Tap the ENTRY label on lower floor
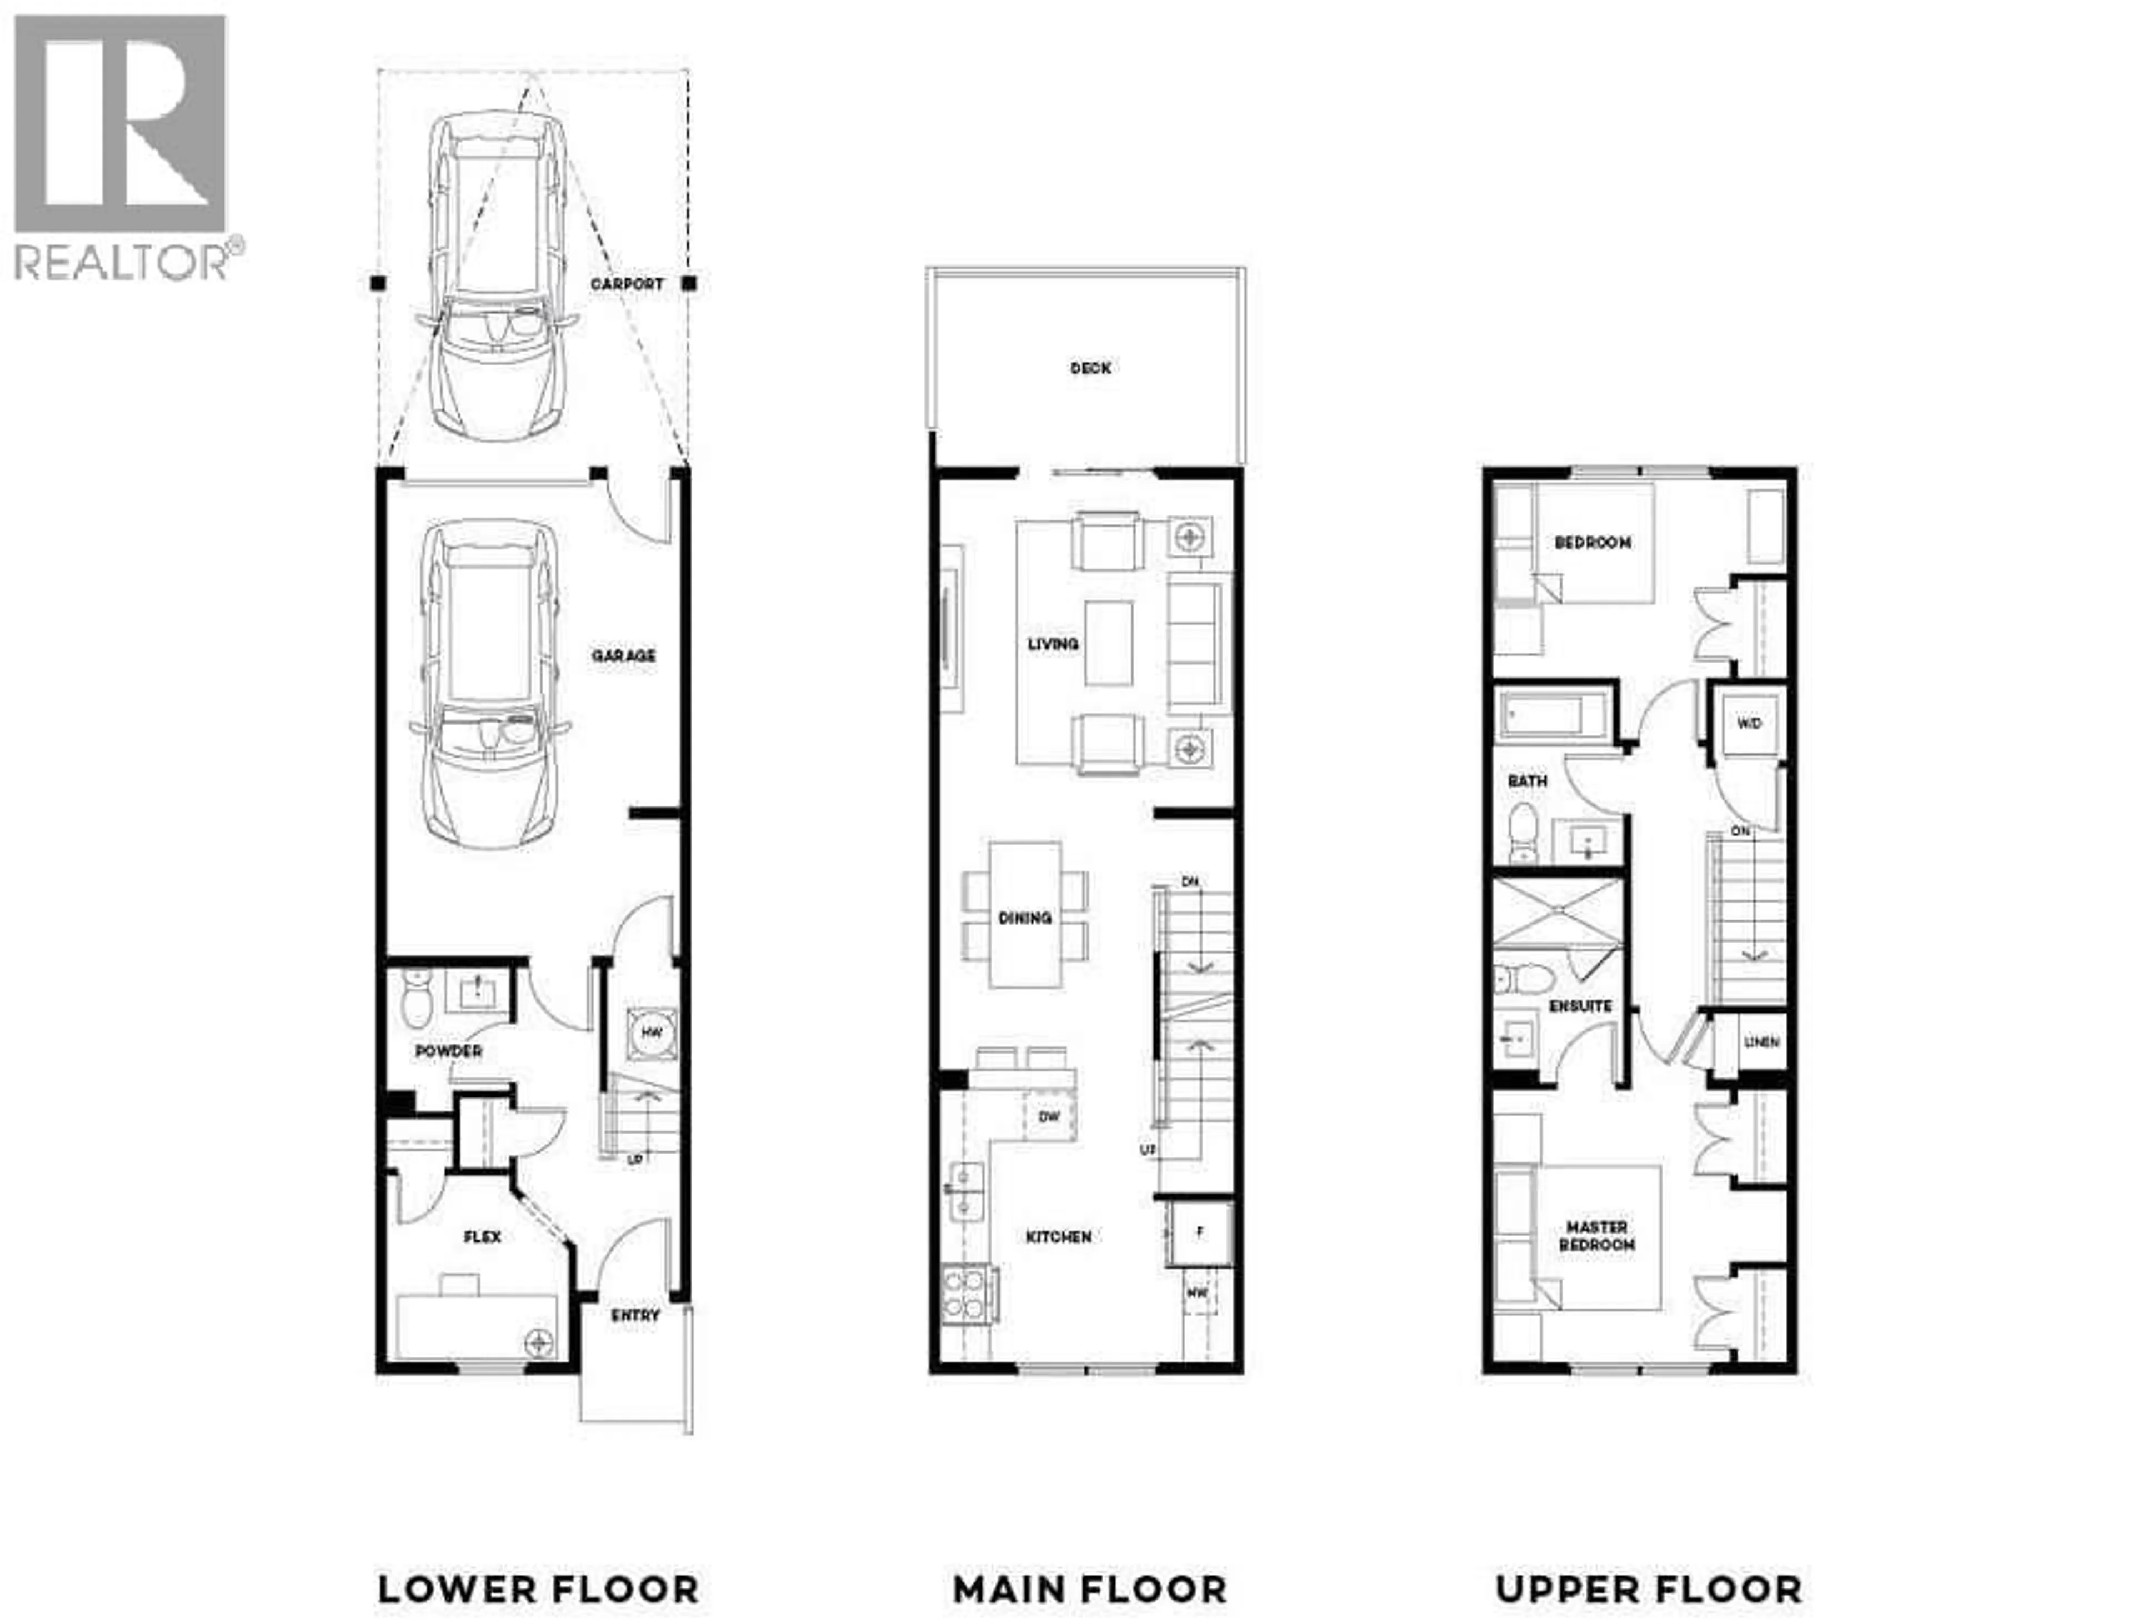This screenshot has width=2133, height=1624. [635, 1316]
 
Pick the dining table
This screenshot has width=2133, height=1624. [1025, 914]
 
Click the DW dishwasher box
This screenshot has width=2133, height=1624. [1049, 1116]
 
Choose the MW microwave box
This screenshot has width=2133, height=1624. [1198, 1294]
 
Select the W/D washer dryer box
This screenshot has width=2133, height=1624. [1748, 723]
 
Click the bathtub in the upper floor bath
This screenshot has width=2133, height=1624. [1550, 716]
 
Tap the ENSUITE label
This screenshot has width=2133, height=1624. [1580, 1006]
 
